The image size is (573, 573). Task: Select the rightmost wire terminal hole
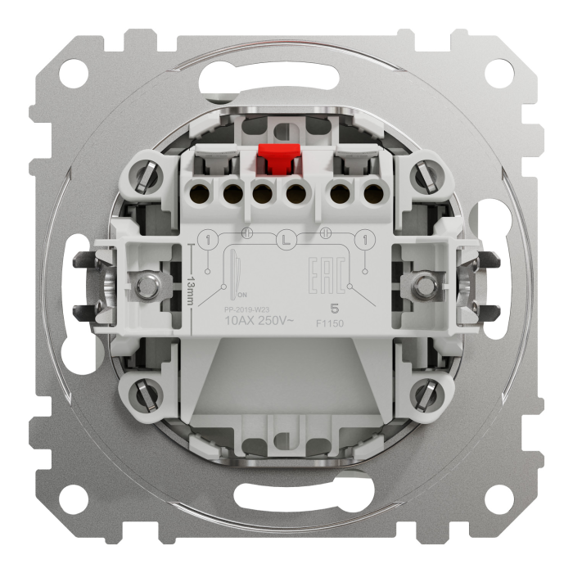(x=372, y=195)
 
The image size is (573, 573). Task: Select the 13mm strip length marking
(x=189, y=288)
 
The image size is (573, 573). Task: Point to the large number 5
(x=333, y=309)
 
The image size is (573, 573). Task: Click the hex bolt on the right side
(x=423, y=286)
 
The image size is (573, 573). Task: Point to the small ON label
(x=241, y=294)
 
